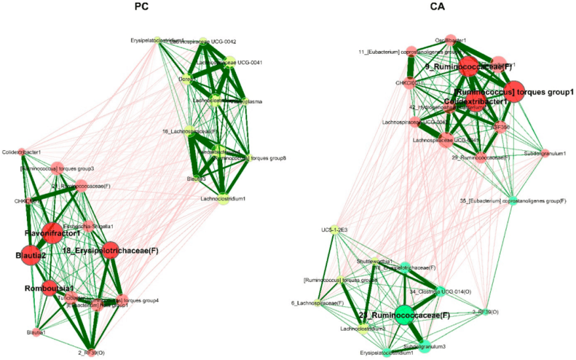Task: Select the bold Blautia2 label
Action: [26, 255]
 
